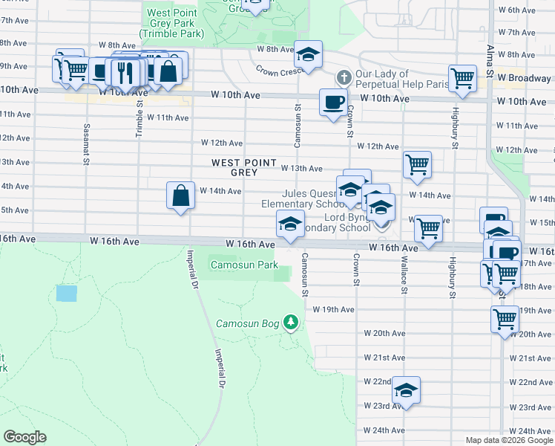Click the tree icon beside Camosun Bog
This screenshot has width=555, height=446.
[x=292, y=323]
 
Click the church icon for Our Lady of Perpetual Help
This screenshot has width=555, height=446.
[x=343, y=77]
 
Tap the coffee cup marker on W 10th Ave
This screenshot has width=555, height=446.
[x=333, y=101]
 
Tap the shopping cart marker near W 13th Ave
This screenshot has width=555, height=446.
[x=418, y=165]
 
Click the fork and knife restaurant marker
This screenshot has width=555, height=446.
[x=123, y=71]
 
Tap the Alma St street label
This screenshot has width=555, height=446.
[x=490, y=59]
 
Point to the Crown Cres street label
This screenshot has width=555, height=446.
[x=277, y=72]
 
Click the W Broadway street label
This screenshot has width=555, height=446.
[x=524, y=78]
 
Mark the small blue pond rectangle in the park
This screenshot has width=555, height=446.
[x=66, y=293]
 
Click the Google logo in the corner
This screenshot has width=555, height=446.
[x=24, y=437]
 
